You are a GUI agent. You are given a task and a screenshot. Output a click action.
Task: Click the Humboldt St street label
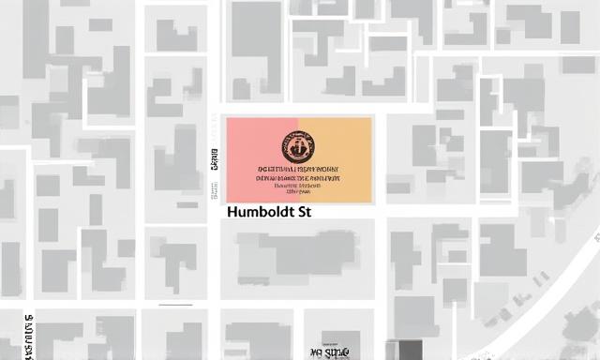point(268,213)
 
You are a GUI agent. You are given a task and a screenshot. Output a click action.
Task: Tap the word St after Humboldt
point(301,213)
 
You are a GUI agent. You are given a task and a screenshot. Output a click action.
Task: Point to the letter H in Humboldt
point(232,213)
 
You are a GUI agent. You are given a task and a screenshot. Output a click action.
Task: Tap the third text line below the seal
point(297,186)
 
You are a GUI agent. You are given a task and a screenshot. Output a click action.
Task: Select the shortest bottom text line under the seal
point(297,192)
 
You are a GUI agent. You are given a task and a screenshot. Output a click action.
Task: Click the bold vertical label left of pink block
point(214,168)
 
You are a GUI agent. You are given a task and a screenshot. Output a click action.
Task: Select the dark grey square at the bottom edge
point(411,351)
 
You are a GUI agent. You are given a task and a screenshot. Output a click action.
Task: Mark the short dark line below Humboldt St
point(176,305)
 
